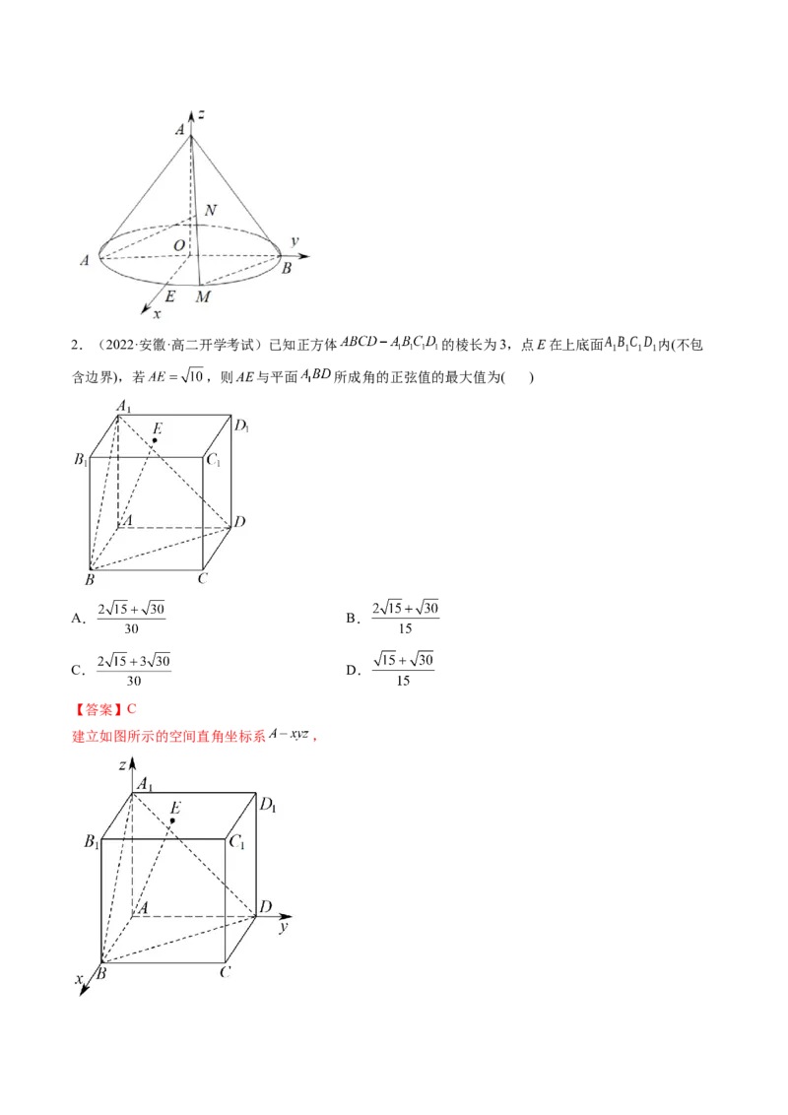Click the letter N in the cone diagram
211,212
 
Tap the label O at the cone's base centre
178,244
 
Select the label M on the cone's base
203,296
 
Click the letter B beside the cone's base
287,268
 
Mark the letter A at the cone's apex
180,129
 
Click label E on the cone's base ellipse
170,295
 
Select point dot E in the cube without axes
155,440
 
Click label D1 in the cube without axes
240,426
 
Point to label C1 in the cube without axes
212,460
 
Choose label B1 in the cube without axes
81,460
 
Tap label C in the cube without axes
201,578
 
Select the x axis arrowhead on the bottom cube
84,993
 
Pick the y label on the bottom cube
283,927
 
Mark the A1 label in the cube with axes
145,784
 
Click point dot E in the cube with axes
172,820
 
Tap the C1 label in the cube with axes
237,842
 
